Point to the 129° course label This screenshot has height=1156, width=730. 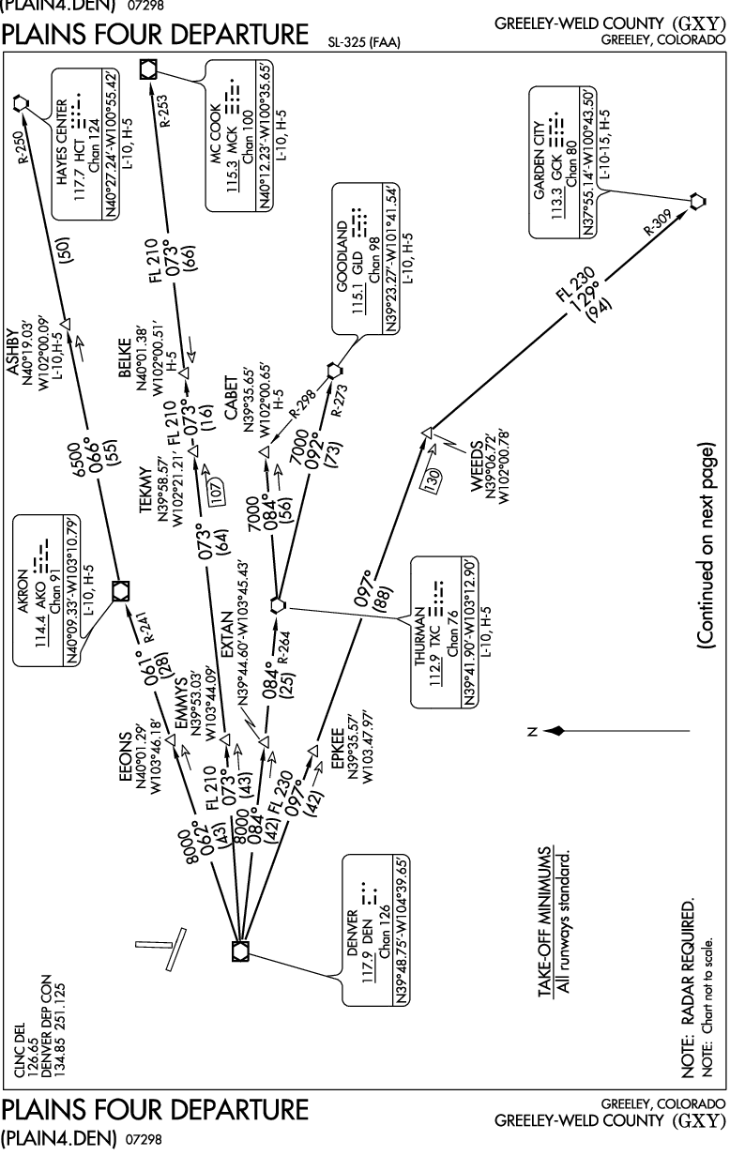(589, 291)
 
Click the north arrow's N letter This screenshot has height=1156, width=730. (532, 729)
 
